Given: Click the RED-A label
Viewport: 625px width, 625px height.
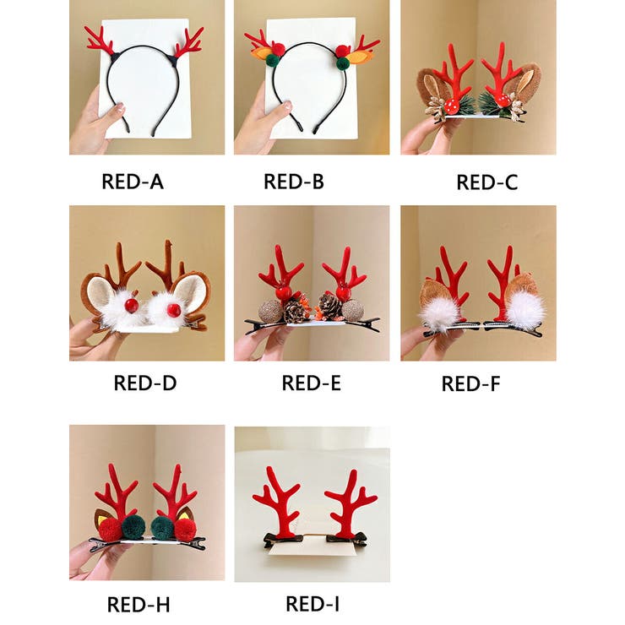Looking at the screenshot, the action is [x=133, y=182].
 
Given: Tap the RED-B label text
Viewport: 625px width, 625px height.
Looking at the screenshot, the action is [x=294, y=182].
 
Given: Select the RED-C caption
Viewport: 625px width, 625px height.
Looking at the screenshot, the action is [x=486, y=182].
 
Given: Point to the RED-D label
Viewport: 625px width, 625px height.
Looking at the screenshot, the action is [x=145, y=383].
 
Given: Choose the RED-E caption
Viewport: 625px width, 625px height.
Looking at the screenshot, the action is [x=312, y=383].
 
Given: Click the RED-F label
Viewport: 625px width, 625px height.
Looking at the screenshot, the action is [x=470, y=384].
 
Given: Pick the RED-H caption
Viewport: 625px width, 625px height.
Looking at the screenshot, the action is [x=139, y=605].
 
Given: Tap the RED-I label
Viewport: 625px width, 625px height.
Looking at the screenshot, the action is [x=312, y=604].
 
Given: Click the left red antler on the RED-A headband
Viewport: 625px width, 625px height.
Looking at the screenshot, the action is [x=101, y=41].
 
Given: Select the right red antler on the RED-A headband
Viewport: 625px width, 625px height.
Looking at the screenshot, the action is [x=187, y=42].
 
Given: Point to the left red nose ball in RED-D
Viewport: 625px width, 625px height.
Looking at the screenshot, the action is [x=131, y=306].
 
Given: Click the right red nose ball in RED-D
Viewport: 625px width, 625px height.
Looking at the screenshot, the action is [x=174, y=310].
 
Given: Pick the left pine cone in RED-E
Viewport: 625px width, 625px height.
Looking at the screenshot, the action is [x=294, y=312].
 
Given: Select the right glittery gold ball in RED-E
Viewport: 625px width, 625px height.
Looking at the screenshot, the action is [x=353, y=311].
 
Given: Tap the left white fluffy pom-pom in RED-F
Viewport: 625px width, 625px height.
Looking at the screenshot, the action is [x=439, y=313].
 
